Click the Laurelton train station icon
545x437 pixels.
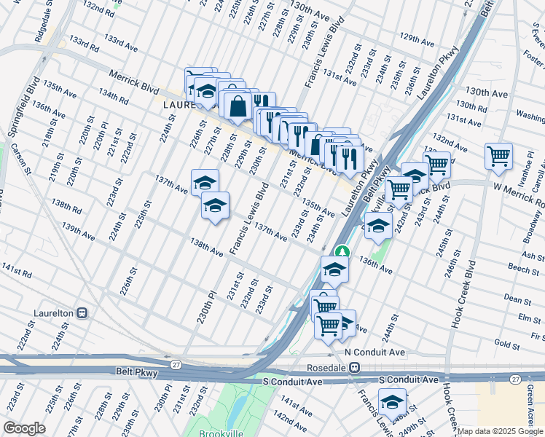click(82, 312)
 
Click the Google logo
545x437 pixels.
click(25, 428)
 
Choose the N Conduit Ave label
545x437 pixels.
click(375, 352)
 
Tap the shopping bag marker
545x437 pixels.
click(238, 106)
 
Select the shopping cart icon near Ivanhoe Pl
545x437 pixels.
click(498, 156)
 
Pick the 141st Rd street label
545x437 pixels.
click(16, 271)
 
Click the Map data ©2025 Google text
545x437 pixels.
click(500, 431)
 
